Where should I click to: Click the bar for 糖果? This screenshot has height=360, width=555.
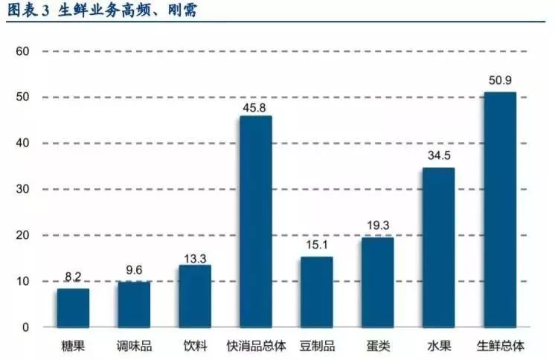(x=73, y=308)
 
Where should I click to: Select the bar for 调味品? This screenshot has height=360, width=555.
(x=134, y=304)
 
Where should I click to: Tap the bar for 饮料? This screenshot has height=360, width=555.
(x=195, y=296)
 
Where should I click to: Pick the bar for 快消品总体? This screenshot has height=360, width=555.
(x=255, y=222)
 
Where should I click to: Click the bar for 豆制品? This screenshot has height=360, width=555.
(x=316, y=292)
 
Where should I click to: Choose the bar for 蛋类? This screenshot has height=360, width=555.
(x=377, y=282)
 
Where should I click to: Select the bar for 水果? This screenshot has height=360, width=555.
(x=438, y=248)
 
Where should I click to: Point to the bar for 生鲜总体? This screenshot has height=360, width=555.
(x=499, y=210)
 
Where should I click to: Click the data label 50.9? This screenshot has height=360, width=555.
(x=499, y=80)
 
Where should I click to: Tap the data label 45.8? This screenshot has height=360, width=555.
(x=255, y=105)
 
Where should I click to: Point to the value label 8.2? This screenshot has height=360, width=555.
(x=73, y=277)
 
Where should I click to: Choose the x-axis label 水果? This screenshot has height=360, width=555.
(x=438, y=347)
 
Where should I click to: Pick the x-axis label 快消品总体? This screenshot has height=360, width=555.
(x=255, y=347)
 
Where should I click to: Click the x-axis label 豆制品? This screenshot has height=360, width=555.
(x=316, y=347)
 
